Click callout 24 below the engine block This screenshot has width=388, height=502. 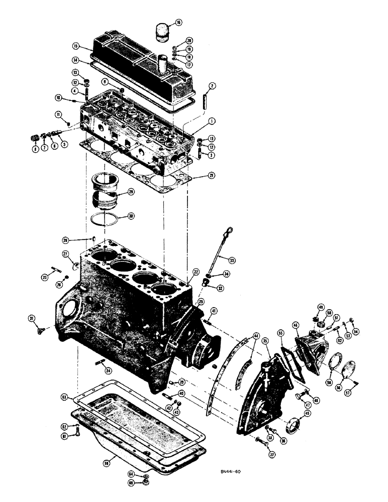[x=107, y=370]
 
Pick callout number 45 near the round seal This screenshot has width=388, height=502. [x=307, y=414]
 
